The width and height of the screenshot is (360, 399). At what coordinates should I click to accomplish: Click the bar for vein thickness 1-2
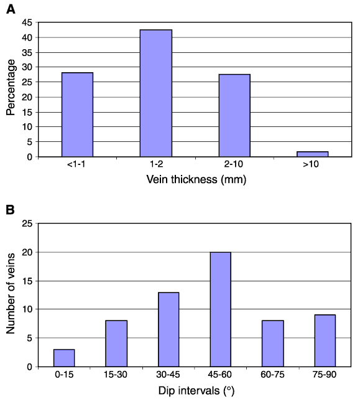[x=156, y=93]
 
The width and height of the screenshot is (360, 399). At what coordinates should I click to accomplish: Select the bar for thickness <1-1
[x=77, y=115]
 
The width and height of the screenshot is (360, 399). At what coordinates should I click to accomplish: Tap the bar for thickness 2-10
[x=234, y=116]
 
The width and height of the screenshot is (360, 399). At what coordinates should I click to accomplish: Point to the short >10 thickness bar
[x=313, y=154]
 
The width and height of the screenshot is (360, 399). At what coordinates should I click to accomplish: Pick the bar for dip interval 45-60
[x=221, y=309]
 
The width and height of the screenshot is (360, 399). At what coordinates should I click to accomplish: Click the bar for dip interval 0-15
[x=64, y=358]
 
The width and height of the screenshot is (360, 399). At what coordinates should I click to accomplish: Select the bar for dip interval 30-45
[x=168, y=329]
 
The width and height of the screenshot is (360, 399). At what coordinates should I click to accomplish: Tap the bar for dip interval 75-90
[x=325, y=340]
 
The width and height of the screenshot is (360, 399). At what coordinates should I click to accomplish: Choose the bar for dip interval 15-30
[x=116, y=344]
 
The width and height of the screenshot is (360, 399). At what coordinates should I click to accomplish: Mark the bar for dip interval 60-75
[x=273, y=344]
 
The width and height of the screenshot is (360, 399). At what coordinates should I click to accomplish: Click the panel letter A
[x=11, y=9]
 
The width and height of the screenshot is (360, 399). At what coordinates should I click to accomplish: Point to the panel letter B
[x=10, y=210]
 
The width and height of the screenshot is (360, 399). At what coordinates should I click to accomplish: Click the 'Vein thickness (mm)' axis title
[x=196, y=179]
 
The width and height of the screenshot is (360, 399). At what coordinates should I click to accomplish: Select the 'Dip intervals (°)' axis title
[x=196, y=391]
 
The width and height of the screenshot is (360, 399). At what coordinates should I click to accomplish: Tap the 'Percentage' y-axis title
[x=11, y=88]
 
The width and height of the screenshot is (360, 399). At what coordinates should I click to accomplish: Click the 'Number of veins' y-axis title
[x=11, y=293]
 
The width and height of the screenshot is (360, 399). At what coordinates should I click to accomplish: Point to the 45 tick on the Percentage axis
[x=27, y=22]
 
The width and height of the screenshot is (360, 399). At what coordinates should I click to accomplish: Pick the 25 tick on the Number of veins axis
[x=27, y=223]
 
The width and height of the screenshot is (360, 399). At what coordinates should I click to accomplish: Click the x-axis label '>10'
[x=311, y=164]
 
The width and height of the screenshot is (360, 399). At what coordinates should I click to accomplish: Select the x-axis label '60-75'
[x=272, y=374]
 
